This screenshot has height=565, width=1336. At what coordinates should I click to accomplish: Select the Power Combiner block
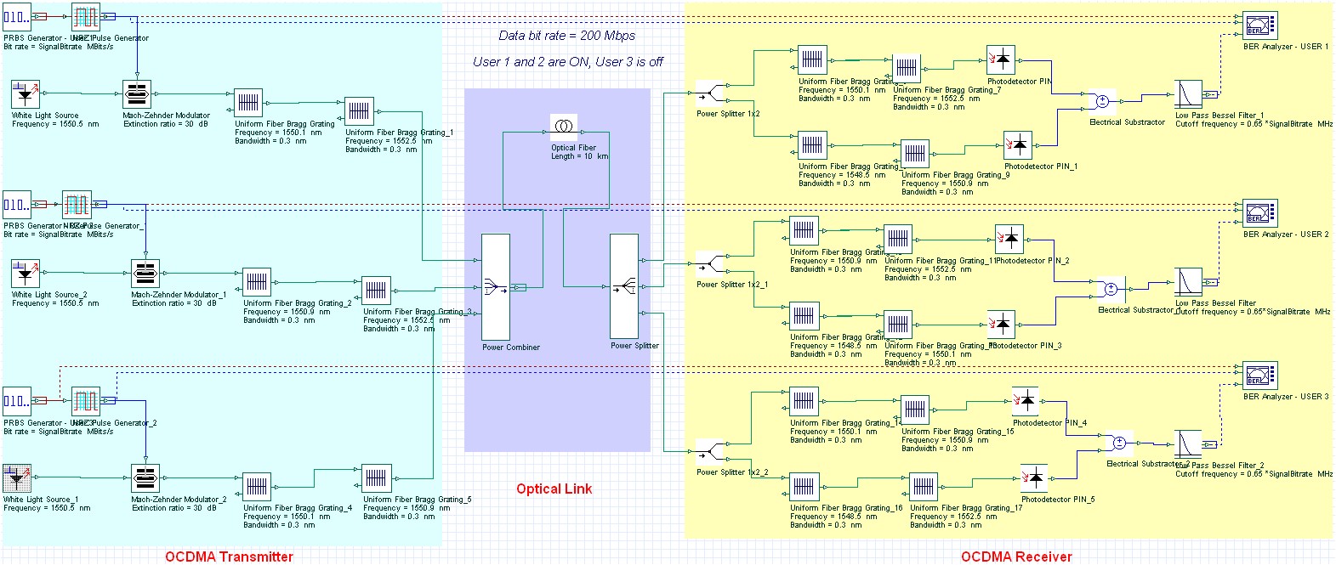pos(496,287)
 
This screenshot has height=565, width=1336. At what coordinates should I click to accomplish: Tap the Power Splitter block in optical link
pos(623,287)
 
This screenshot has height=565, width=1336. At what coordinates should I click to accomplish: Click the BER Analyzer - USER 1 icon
pos(1260,25)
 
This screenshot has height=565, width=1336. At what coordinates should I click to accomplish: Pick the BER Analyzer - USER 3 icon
pos(1260,376)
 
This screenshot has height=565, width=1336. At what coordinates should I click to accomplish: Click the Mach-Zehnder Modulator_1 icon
pos(145,274)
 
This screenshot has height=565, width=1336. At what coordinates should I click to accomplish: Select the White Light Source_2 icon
pos(26,274)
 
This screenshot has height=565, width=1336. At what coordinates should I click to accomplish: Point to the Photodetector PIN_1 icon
pos(1019,145)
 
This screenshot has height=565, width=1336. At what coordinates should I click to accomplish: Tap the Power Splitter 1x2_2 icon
pos(710,450)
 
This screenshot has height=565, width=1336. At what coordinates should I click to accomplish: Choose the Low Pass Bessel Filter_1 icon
pos(1188,95)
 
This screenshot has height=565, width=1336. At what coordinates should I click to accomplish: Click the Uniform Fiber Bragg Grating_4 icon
pos(257,487)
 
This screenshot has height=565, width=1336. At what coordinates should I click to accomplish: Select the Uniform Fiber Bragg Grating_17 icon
pos(924,488)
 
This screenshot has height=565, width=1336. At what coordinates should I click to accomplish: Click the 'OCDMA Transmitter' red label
pos(229,557)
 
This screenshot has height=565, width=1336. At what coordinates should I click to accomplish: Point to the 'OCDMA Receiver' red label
pos(1016,557)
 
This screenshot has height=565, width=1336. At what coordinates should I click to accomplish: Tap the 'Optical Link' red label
pos(554,489)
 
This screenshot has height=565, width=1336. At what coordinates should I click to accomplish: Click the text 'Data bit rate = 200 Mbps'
pos(566,36)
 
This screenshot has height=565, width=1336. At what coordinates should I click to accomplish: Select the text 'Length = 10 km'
pos(579,156)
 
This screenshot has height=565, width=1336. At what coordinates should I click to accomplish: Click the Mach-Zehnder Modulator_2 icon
pos(145,478)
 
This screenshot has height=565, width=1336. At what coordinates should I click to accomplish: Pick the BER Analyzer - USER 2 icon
pos(1260,213)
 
